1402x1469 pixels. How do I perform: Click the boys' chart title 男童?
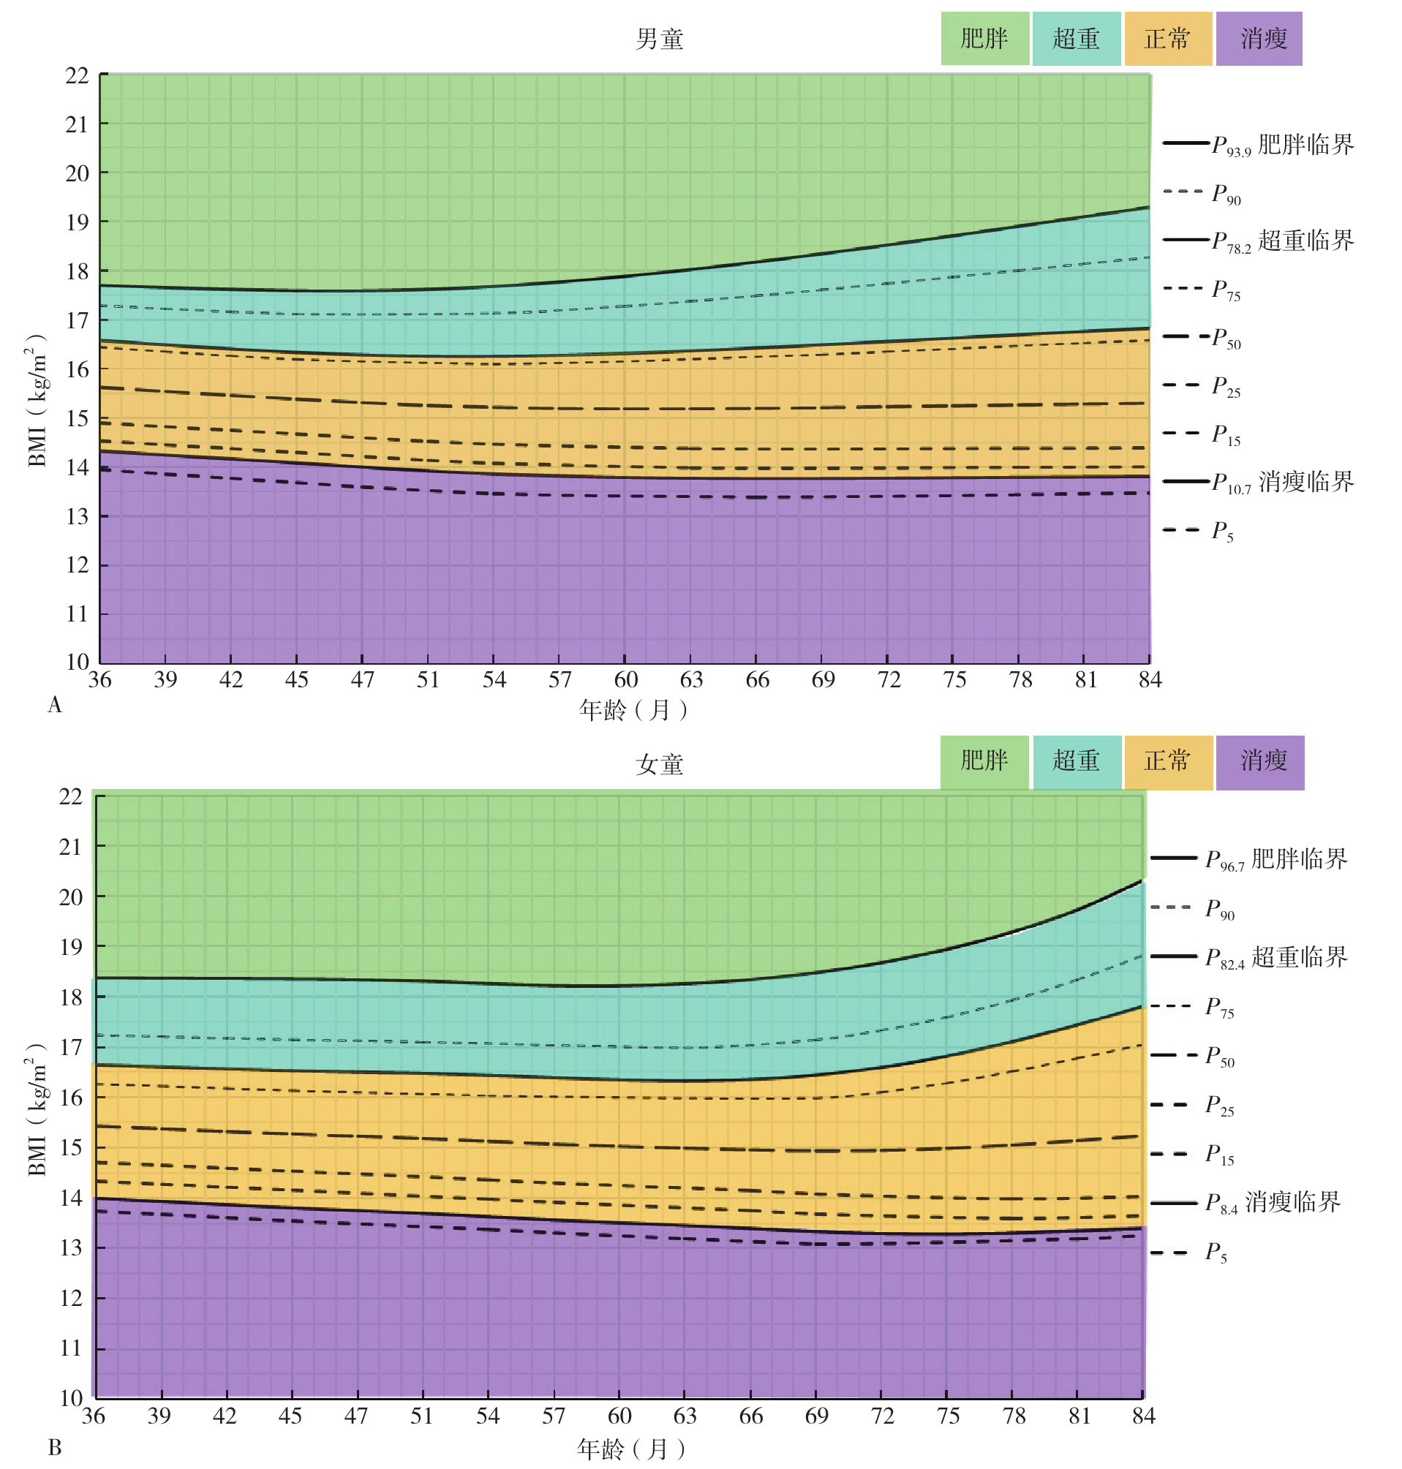(x=659, y=39)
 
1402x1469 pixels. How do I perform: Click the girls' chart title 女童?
(x=659, y=764)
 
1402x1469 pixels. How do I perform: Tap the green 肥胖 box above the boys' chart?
(x=984, y=39)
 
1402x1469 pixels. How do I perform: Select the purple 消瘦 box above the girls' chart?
(x=1259, y=762)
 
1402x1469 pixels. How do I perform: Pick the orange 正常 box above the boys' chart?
(x=1167, y=39)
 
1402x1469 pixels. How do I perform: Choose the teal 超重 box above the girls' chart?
(x=1076, y=762)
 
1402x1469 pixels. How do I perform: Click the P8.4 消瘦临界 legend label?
(x=1273, y=1202)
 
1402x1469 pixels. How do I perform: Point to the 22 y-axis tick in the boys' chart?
(x=77, y=75)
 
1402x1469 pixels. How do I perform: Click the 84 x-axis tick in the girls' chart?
(x=1143, y=1416)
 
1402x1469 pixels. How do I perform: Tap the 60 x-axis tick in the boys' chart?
(x=625, y=679)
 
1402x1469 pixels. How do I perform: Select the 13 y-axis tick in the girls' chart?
(x=71, y=1248)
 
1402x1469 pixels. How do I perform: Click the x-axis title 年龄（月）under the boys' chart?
(x=633, y=710)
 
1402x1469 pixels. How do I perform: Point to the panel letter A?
(x=55, y=705)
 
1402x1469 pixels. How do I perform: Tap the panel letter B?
(x=55, y=1447)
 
